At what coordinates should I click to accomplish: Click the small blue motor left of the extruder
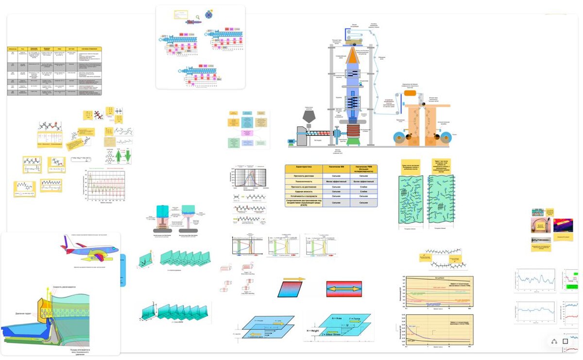291,142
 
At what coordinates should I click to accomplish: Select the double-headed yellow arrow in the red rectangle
344,289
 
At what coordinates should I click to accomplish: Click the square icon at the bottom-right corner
566,341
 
